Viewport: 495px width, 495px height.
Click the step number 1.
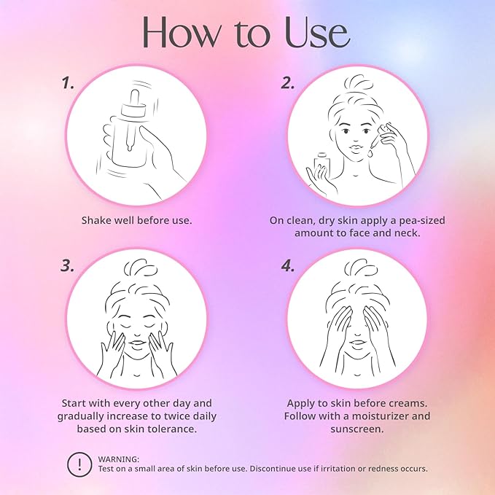click(x=68, y=83)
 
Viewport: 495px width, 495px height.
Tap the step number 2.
click(x=287, y=83)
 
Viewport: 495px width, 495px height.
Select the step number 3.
click(x=68, y=266)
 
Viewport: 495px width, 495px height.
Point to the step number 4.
click(x=287, y=266)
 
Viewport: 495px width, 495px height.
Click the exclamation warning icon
click(x=79, y=464)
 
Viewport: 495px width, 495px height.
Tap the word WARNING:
click(x=118, y=459)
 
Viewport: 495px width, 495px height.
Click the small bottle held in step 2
click(x=322, y=163)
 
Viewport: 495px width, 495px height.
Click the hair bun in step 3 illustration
click(x=140, y=268)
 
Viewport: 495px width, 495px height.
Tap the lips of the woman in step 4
click(x=357, y=343)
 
